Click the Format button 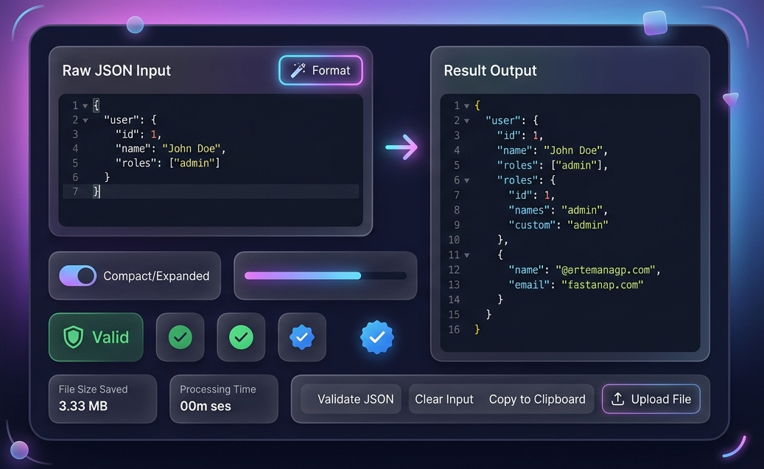pyautogui.click(x=320, y=71)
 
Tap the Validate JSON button pyautogui.click(x=355, y=399)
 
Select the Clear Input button pyautogui.click(x=444, y=399)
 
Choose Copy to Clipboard pyautogui.click(x=537, y=399)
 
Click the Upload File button pyautogui.click(x=651, y=399)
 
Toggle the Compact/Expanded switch pyautogui.click(x=77, y=276)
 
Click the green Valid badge pyautogui.click(x=96, y=337)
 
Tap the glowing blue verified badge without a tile pyautogui.click(x=376, y=337)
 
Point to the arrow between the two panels pyautogui.click(x=402, y=147)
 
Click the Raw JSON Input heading pyautogui.click(x=116, y=71)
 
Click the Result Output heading pyautogui.click(x=490, y=71)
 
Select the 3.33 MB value pyautogui.click(x=83, y=406)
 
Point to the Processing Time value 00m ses pyautogui.click(x=206, y=406)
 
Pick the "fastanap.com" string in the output pyautogui.click(x=602, y=284)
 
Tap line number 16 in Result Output pyautogui.click(x=454, y=329)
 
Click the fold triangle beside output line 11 pyautogui.click(x=467, y=255)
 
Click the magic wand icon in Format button pyautogui.click(x=298, y=71)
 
